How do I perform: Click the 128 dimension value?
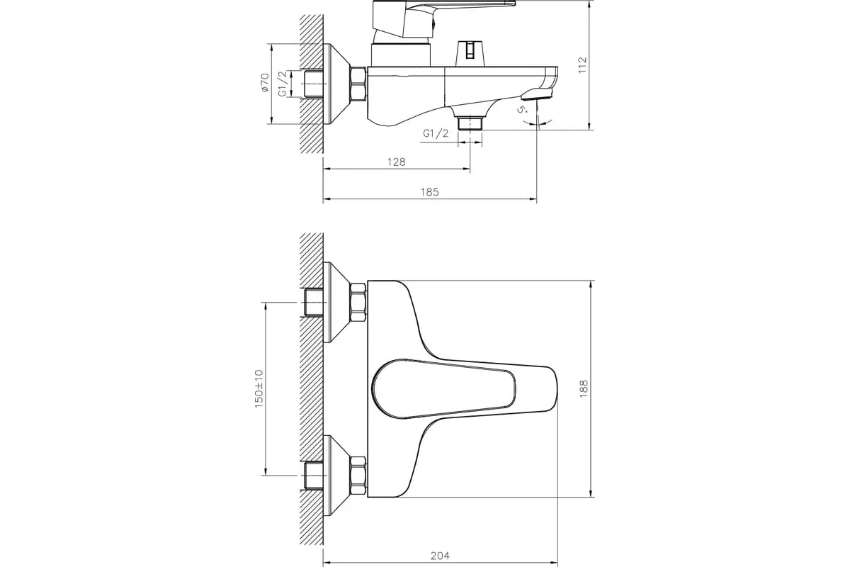point(396,162)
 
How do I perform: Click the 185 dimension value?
point(430,192)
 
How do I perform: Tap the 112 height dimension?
point(583,66)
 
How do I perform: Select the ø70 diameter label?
point(263,83)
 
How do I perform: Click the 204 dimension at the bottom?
point(438,556)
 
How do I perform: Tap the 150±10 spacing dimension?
point(259,388)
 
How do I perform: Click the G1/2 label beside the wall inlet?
point(282,83)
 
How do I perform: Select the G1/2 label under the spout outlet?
point(436,133)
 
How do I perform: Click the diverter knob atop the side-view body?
point(470,52)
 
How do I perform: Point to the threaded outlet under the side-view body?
point(469,123)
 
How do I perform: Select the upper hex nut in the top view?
point(358,299)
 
